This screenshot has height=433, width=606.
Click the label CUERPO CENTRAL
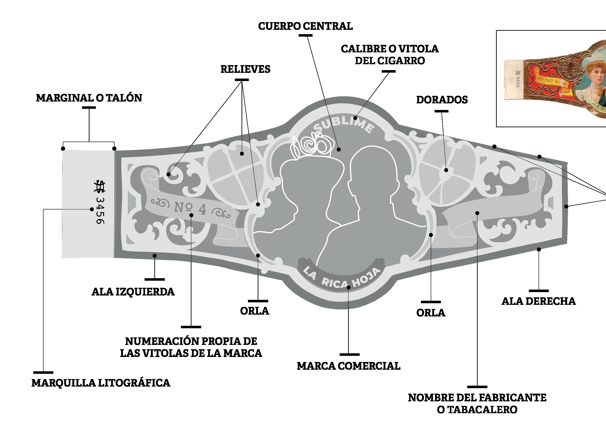click(x=305, y=26)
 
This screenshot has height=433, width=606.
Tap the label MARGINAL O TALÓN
click(x=89, y=98)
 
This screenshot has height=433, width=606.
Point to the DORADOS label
click(x=442, y=100)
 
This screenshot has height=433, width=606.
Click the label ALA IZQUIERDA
click(x=133, y=292)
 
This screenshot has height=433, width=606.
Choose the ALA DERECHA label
click(x=539, y=301)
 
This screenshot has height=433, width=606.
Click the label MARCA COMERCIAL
click(x=349, y=366)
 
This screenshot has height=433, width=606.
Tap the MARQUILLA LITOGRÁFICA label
click(x=101, y=383)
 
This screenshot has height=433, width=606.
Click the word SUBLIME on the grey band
click(x=344, y=126)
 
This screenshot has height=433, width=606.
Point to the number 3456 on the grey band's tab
click(x=100, y=210)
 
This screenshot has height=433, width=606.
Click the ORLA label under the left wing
click(x=255, y=311)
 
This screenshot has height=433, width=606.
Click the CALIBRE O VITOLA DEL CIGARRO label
click(x=390, y=55)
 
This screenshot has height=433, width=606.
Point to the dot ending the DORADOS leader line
click(x=446, y=170)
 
